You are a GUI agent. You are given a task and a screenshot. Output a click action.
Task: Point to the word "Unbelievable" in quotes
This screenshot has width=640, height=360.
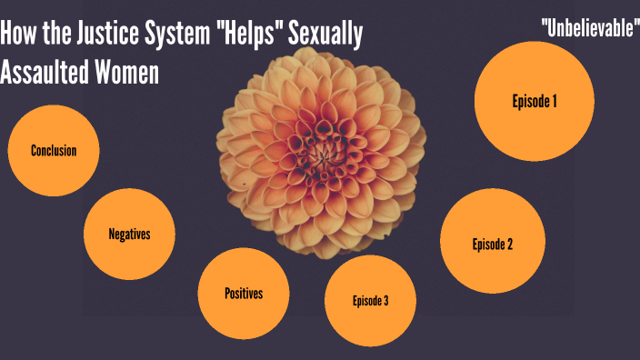(x=590, y=27)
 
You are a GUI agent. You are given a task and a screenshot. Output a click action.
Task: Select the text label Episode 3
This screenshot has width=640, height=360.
(x=370, y=301)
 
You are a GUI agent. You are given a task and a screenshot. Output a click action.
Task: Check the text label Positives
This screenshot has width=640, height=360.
(x=243, y=293)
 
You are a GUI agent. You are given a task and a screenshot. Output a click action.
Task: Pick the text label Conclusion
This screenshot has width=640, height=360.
(x=53, y=151)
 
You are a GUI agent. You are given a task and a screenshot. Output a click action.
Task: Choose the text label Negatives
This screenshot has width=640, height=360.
(x=129, y=234)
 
